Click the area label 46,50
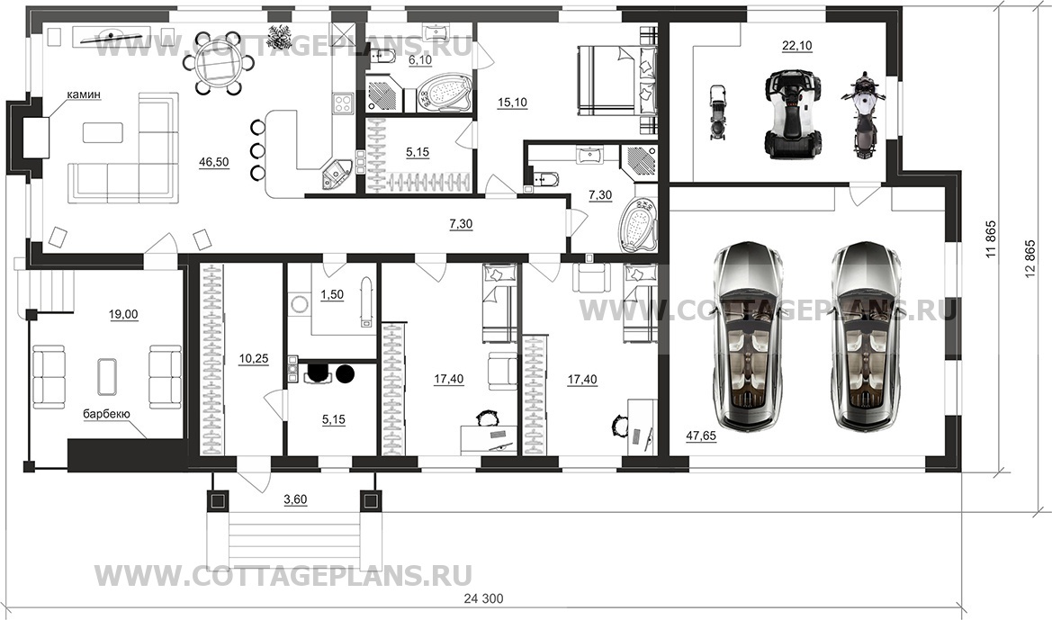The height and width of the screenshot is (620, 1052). pyautogui.click(x=214, y=162)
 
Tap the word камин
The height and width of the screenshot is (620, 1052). pyautogui.click(x=83, y=94)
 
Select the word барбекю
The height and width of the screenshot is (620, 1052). pyautogui.click(x=106, y=414)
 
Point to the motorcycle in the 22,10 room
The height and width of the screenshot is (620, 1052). pyautogui.click(x=864, y=115)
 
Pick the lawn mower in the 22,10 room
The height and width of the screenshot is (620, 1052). pyautogui.click(x=717, y=112)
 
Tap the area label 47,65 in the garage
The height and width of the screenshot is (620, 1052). pyautogui.click(x=700, y=436)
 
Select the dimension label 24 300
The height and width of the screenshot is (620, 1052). pyautogui.click(x=483, y=598)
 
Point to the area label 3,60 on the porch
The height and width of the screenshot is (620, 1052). pyautogui.click(x=295, y=499)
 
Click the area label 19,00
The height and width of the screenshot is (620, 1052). pyautogui.click(x=123, y=314)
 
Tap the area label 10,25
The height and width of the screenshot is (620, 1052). pyautogui.click(x=254, y=359)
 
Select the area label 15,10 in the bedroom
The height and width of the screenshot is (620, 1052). pyautogui.click(x=513, y=103)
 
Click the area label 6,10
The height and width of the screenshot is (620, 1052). pyautogui.click(x=420, y=59)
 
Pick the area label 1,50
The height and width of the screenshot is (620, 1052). pyautogui.click(x=332, y=295)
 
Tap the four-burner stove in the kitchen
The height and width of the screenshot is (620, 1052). pyautogui.click(x=344, y=103)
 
